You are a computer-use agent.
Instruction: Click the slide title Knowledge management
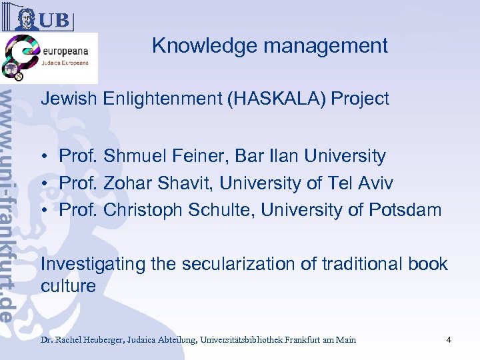[269, 45]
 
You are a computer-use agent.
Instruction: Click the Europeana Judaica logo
[49, 58]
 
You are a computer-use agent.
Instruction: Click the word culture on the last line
[68, 287]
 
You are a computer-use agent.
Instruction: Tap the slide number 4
[449, 340]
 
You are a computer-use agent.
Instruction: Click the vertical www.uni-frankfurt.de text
[10, 200]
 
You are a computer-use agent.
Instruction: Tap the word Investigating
[93, 264]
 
